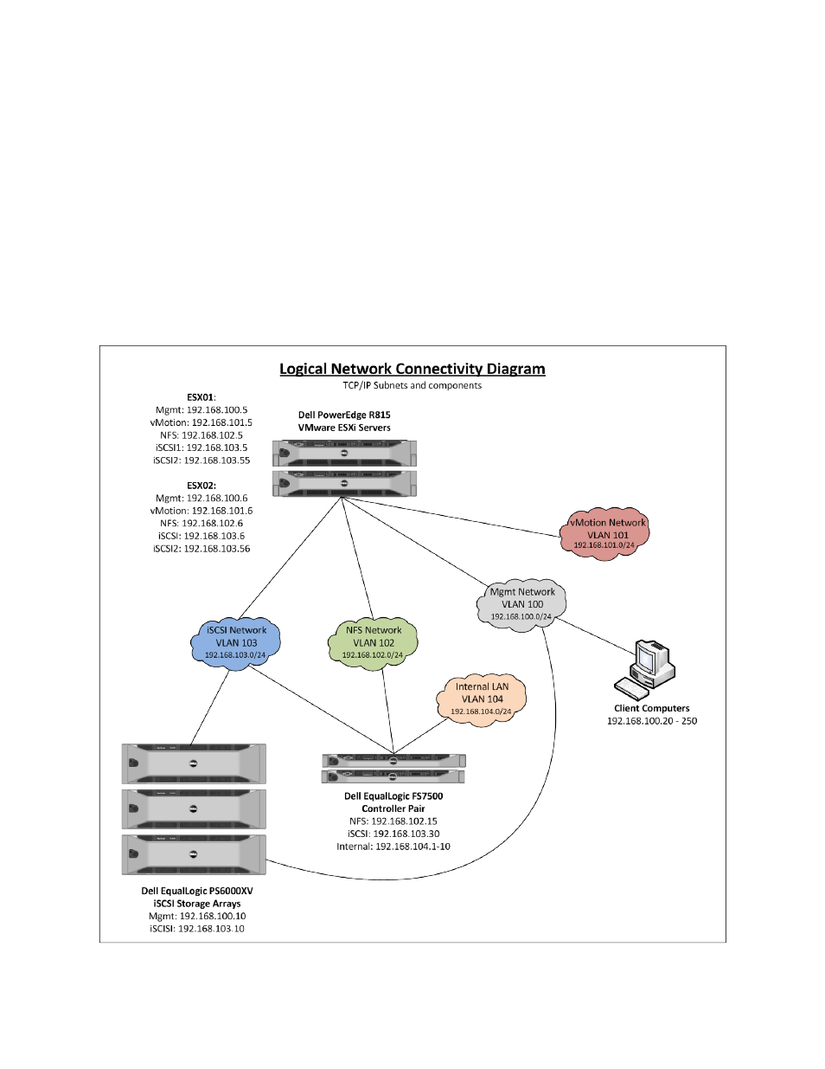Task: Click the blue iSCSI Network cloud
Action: tap(235, 642)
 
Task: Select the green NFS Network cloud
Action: tap(373, 642)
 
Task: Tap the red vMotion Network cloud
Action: tap(604, 534)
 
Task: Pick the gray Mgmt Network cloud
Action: tap(521, 603)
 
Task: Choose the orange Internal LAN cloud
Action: tap(482, 699)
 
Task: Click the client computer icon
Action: tap(644, 669)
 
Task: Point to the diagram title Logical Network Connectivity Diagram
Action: tap(412, 369)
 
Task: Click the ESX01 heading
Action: tap(201, 397)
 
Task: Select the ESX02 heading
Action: tap(201, 485)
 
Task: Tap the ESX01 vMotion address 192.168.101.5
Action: tap(222, 422)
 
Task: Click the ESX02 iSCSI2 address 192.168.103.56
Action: tap(217, 549)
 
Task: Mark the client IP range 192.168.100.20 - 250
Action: tap(652, 721)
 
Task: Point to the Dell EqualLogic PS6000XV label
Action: tap(197, 891)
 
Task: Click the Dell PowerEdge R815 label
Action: tap(344, 415)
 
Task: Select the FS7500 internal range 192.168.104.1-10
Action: tap(412, 847)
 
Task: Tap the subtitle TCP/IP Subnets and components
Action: tap(412, 385)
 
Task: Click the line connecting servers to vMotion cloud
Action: tap(451, 517)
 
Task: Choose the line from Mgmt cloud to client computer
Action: tap(596, 636)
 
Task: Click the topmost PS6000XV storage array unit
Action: tap(194, 763)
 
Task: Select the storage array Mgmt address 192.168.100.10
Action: tap(213, 916)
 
